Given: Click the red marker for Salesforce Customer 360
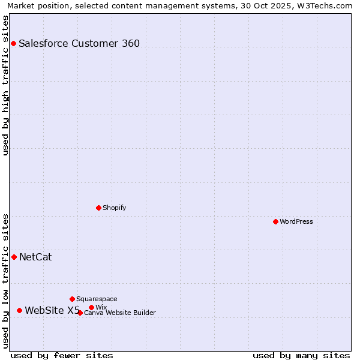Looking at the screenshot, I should tap(13, 43).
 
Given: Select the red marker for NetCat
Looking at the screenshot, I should tap(14, 257).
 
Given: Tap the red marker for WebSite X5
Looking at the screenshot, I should tap(19, 310).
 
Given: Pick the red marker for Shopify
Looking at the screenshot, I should tap(98, 208).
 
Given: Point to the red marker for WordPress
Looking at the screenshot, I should tap(275, 221).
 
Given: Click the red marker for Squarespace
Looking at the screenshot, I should tap(72, 299).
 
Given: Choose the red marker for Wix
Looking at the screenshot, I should tap(91, 307).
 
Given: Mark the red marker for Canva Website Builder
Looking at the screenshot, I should tap(80, 313).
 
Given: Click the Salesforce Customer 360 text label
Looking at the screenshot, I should tap(79, 43).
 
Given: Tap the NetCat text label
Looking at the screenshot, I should tap(35, 257).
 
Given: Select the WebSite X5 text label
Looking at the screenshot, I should tap(52, 310).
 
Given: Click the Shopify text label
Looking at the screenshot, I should tap(114, 208).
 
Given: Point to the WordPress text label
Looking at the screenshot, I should tap(296, 221).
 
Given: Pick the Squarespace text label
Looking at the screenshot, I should tap(97, 299).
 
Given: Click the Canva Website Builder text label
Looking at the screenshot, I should tap(120, 313).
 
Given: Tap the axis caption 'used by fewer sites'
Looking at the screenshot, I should tap(62, 355).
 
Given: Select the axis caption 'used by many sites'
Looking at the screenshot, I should tap(301, 355).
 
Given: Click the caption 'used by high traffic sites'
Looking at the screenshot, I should tap(6, 85).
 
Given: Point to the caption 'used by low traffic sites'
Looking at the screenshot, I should tap(6, 281).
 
